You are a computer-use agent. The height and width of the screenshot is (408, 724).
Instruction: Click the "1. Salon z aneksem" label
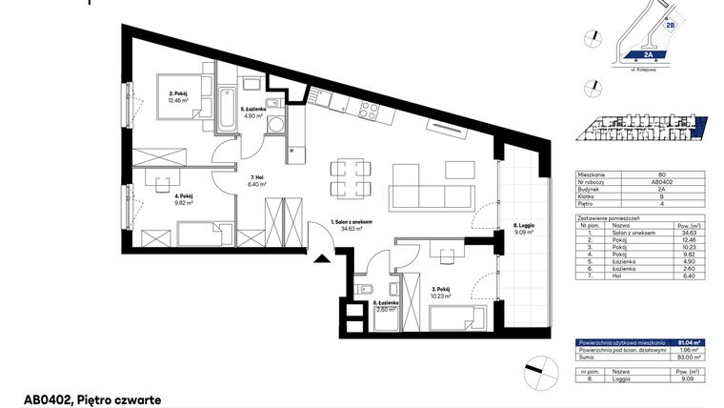345,221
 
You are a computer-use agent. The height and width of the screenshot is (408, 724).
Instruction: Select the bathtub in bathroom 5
229,112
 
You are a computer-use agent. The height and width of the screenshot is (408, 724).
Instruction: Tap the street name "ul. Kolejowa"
648,71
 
